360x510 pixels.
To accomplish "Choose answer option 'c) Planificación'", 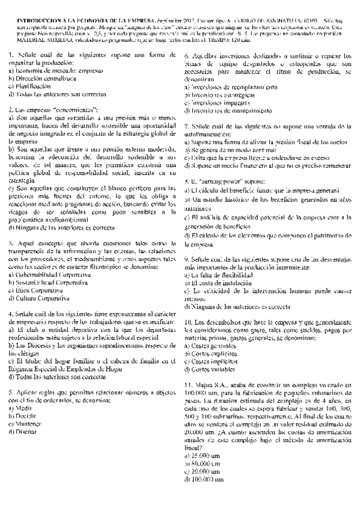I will click(30, 86).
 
